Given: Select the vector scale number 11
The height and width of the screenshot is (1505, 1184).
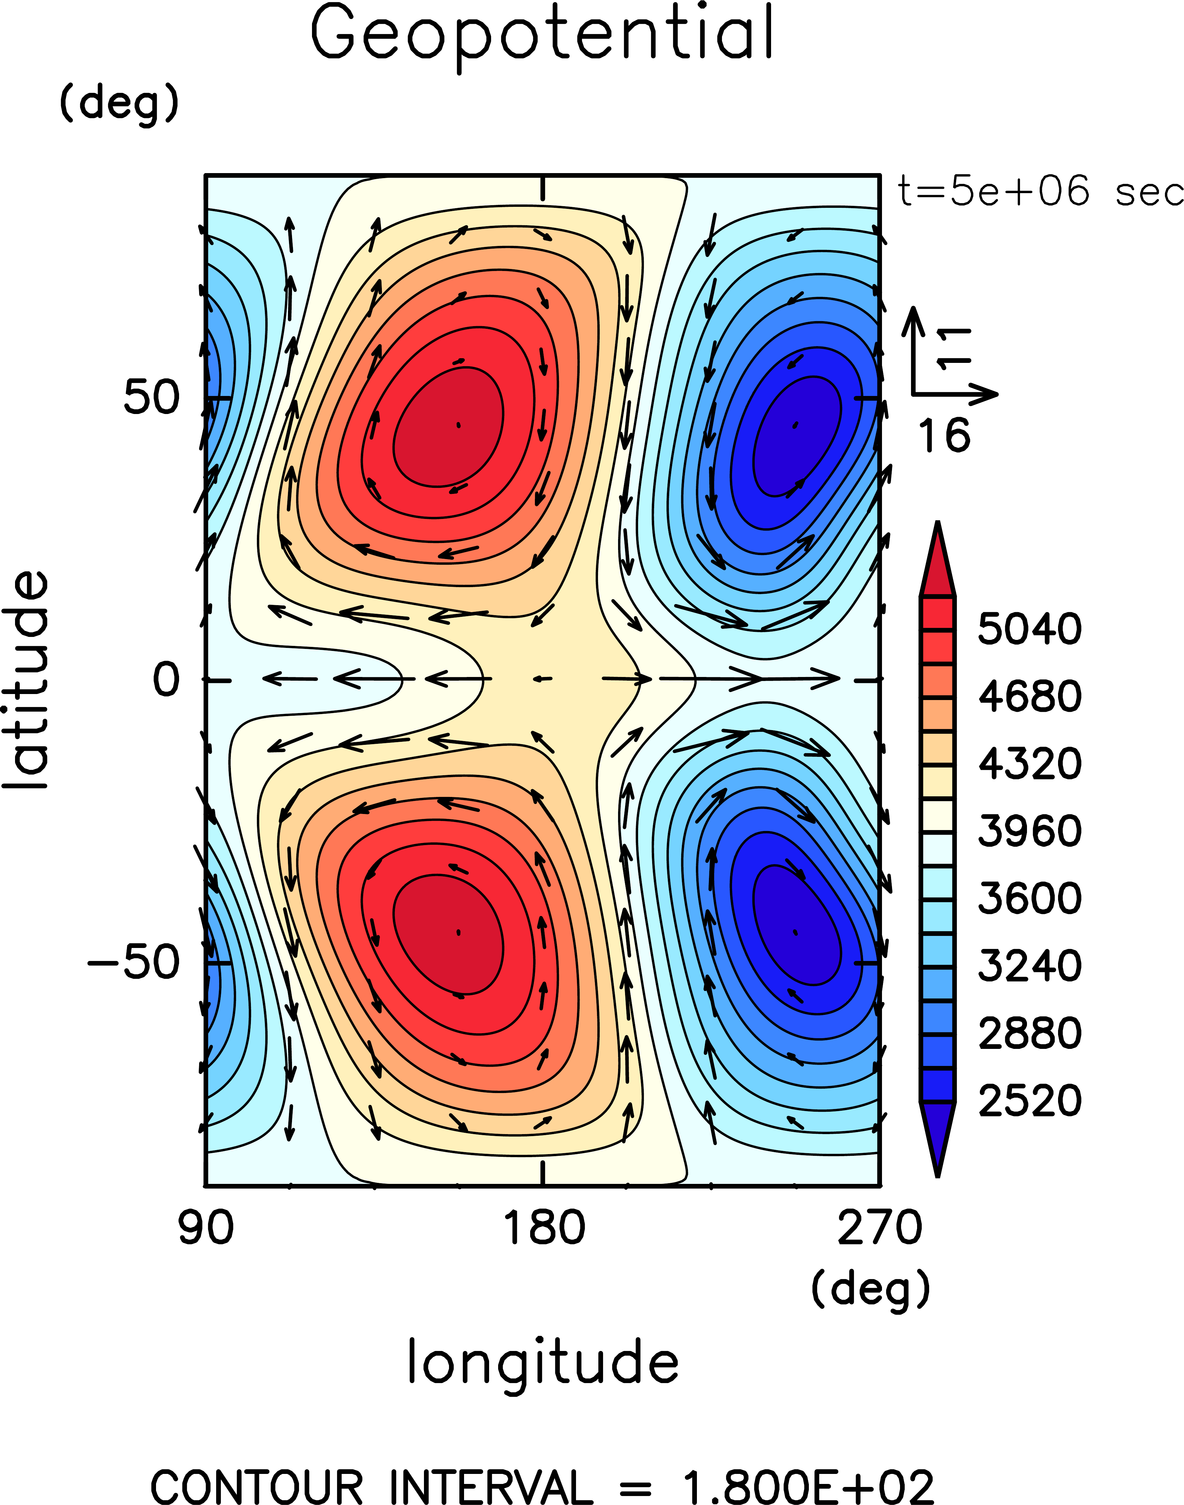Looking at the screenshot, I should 955,349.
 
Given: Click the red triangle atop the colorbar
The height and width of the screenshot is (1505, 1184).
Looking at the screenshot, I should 937,563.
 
